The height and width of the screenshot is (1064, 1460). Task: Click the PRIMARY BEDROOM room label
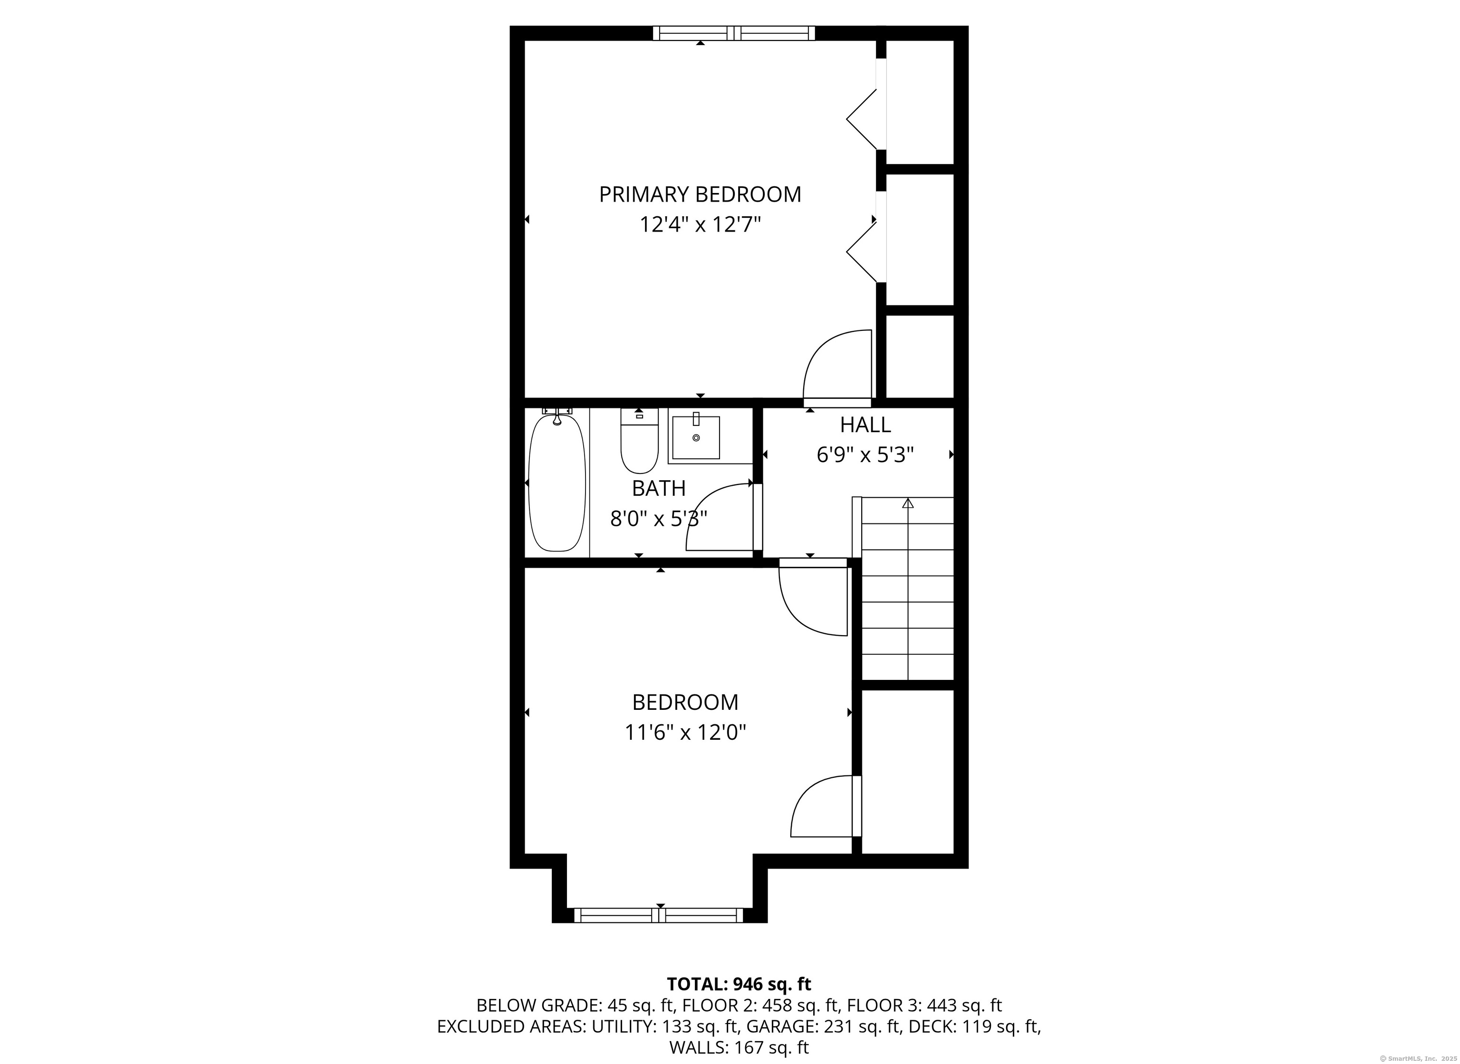(x=701, y=194)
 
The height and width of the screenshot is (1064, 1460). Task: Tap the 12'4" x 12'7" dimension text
(x=701, y=225)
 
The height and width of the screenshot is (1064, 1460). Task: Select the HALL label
(x=865, y=425)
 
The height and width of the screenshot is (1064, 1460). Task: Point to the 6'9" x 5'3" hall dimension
(x=865, y=455)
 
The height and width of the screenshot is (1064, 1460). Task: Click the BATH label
(x=659, y=489)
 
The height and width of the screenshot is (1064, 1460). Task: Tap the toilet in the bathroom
(x=639, y=441)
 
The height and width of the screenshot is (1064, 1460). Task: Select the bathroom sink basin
(x=696, y=437)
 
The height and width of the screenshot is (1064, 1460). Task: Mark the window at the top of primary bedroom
(x=734, y=33)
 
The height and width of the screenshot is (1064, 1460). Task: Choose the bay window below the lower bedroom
(x=659, y=915)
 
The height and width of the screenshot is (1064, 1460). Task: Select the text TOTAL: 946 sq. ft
(x=739, y=984)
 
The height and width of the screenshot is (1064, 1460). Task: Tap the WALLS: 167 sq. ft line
(x=739, y=1048)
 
